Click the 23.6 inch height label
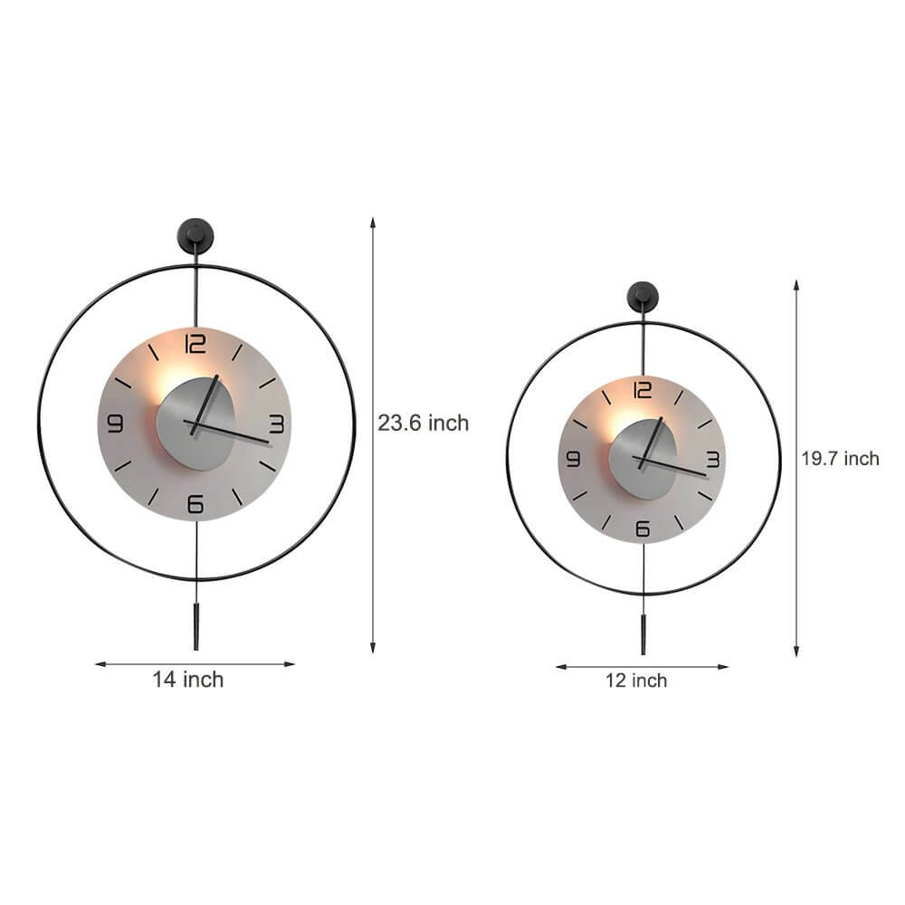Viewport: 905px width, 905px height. [x=424, y=423]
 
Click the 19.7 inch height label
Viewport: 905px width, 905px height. [x=839, y=459]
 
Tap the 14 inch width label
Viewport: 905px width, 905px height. [x=187, y=680]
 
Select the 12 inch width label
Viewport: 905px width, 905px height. [x=636, y=681]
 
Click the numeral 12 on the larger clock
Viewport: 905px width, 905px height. [x=195, y=344]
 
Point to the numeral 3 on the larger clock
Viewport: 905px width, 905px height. [x=276, y=424]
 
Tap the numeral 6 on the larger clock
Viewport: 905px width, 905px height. [x=195, y=504]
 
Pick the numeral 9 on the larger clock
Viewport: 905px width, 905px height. [x=115, y=424]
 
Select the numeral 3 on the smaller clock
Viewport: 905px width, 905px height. [x=712, y=460]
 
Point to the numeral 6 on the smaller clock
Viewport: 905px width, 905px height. [x=643, y=529]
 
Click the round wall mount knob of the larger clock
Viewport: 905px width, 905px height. [x=195, y=233]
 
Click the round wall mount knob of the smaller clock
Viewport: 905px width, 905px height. [x=643, y=294]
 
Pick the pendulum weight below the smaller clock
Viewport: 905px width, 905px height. [x=643, y=633]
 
